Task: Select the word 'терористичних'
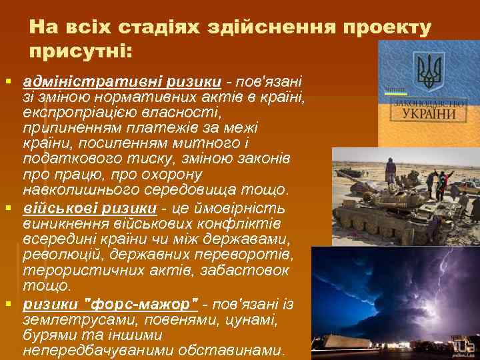coord(77,271)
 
